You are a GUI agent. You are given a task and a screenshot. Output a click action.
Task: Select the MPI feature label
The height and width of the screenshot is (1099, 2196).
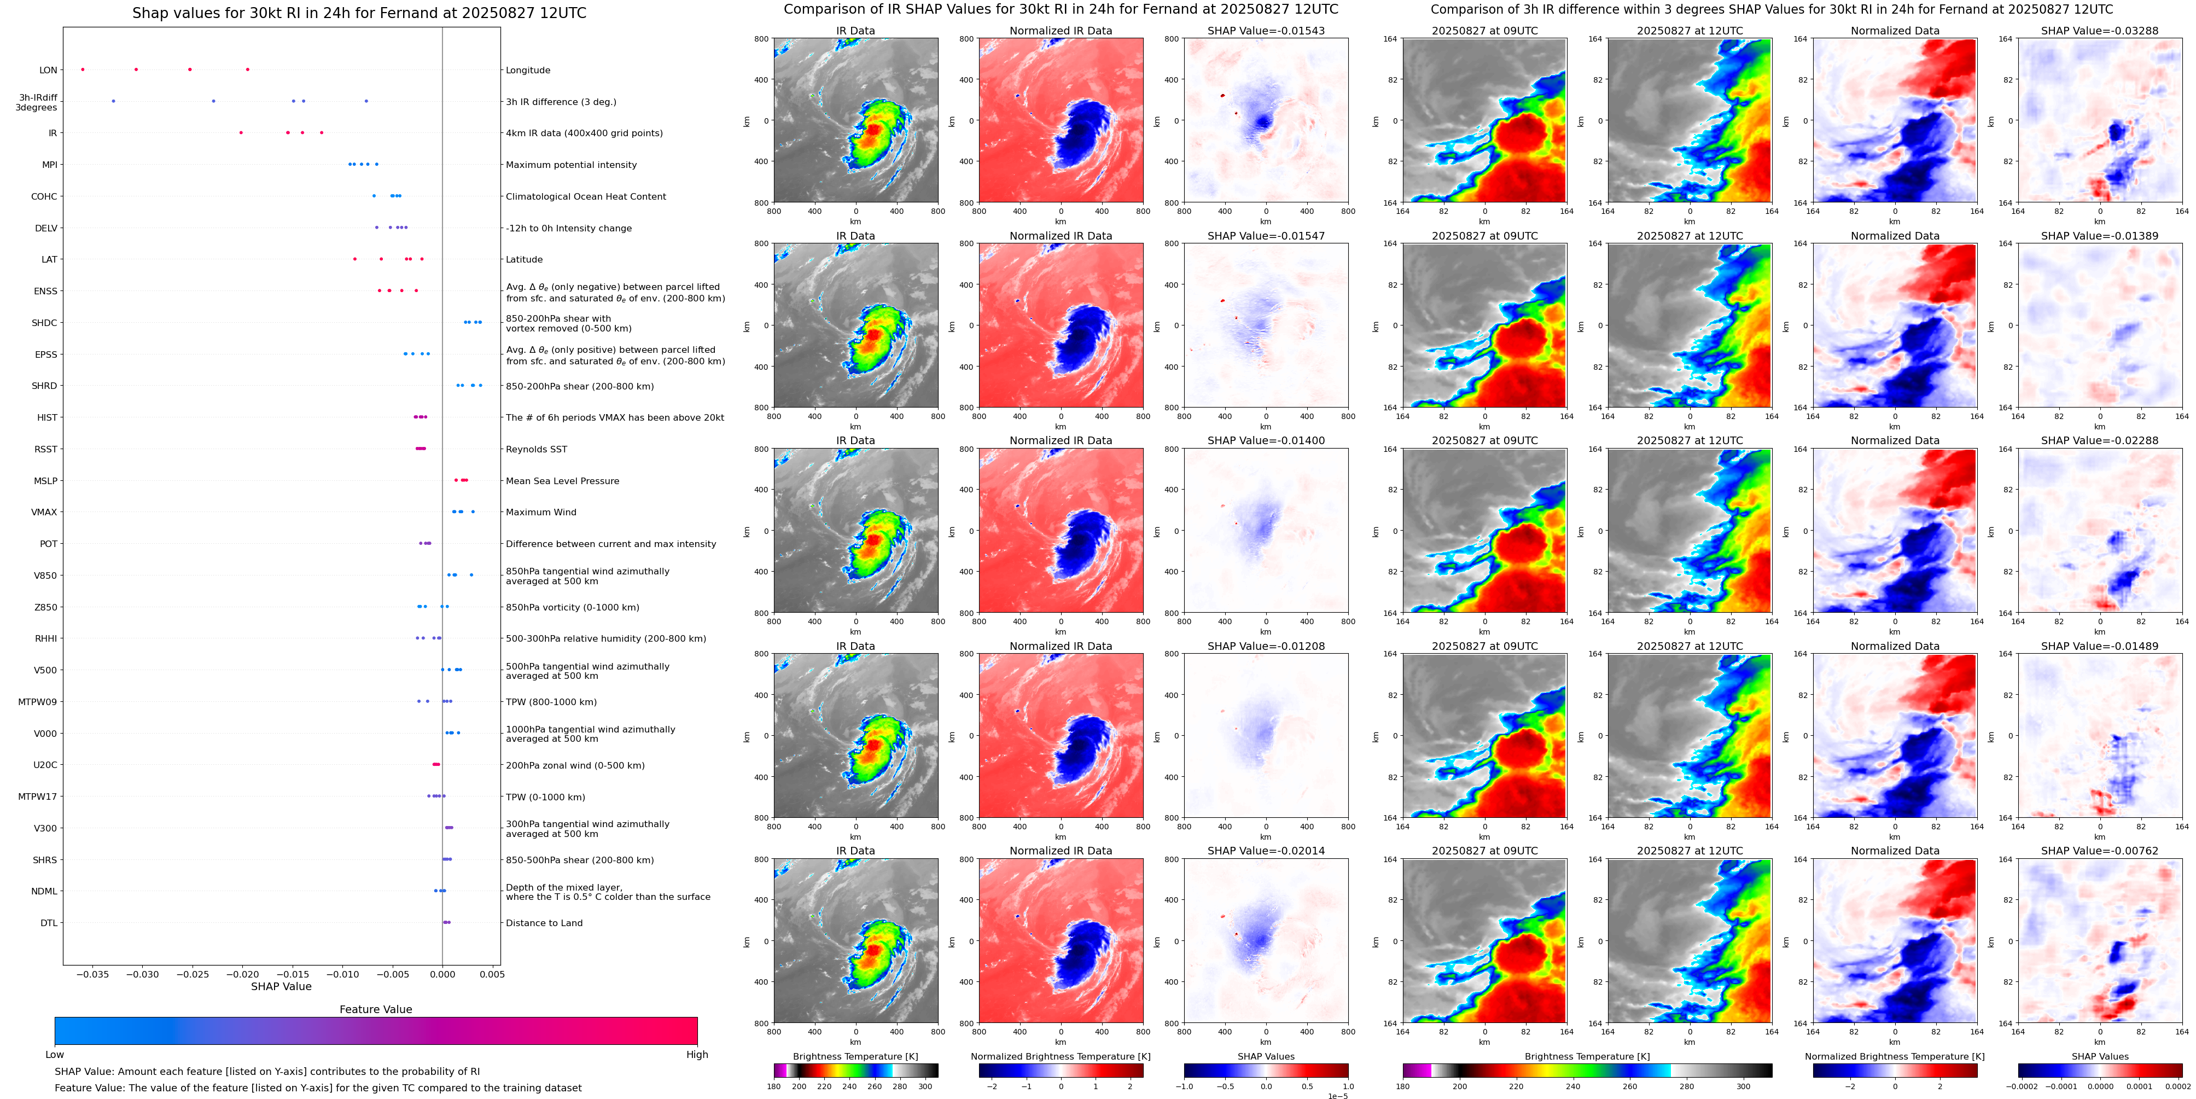(x=49, y=165)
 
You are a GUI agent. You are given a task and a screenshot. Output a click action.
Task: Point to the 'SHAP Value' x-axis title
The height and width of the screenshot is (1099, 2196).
(x=281, y=986)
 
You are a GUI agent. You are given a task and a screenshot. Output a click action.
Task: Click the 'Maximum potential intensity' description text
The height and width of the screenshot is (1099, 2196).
(x=570, y=165)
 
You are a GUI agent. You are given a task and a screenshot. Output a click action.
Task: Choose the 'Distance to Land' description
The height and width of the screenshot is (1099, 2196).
(x=544, y=922)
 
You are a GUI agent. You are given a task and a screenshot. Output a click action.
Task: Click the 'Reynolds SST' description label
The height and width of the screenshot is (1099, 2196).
(x=535, y=449)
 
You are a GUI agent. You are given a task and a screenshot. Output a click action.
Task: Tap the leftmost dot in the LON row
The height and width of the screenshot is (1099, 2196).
(x=83, y=69)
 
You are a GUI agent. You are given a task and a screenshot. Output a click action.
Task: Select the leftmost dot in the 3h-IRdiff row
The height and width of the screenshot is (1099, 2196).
(x=113, y=101)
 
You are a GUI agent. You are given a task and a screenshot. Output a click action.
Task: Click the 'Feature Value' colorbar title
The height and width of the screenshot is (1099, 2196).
(x=375, y=1009)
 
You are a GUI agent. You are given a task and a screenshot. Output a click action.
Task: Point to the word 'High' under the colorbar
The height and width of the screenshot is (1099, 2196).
(x=696, y=1055)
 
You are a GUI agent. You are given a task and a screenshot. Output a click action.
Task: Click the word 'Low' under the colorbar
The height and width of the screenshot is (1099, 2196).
(x=55, y=1055)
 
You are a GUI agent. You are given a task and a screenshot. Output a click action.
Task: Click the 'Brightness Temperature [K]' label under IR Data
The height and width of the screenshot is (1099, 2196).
(x=855, y=1056)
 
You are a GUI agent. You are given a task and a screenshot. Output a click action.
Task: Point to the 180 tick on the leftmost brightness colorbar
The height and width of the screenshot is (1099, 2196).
(x=774, y=1086)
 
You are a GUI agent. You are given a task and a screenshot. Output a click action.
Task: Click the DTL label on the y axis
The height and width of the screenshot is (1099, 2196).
(x=49, y=922)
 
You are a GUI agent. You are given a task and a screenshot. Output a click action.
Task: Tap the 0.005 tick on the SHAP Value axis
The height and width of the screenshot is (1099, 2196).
(x=492, y=974)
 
